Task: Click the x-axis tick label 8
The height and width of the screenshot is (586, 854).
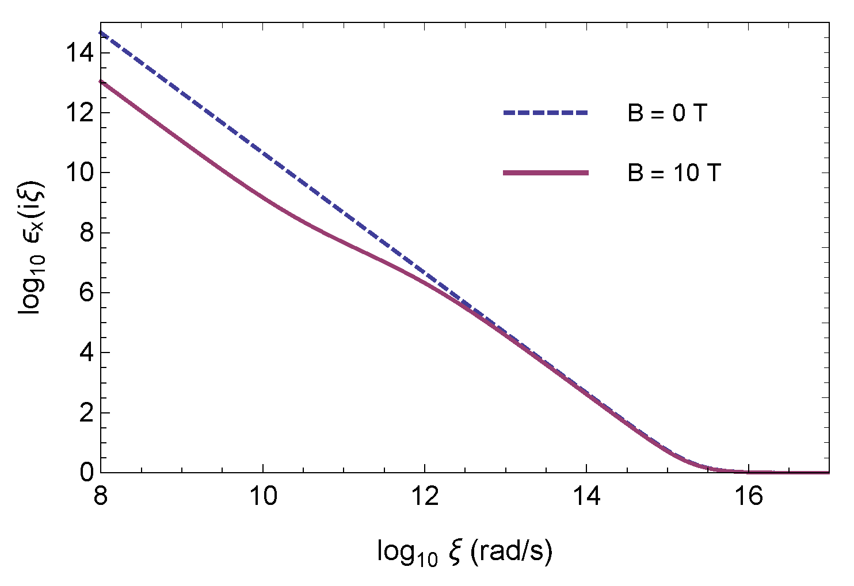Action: tap(101, 496)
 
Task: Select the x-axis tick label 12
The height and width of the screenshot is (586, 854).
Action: tap(425, 496)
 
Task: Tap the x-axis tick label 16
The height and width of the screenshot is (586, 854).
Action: tap(748, 496)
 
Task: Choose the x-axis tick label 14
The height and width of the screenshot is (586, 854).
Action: tap(586, 496)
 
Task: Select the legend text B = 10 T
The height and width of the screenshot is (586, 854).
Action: tap(674, 173)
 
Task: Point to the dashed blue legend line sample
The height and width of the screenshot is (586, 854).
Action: tap(546, 113)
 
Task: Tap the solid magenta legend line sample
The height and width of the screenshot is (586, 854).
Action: tap(546, 173)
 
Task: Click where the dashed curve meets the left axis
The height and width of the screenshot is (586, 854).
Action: tap(102, 33)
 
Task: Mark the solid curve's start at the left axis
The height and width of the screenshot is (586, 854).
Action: tap(102, 82)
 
